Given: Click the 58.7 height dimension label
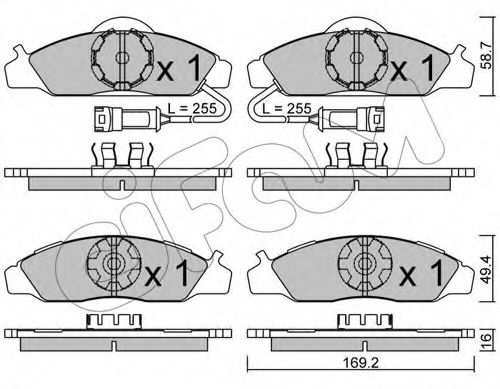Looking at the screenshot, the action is coord(486,55).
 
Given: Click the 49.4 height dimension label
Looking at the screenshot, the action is coord(486,269).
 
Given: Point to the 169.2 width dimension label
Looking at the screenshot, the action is coord(361,363).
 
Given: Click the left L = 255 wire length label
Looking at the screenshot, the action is coord(192,108).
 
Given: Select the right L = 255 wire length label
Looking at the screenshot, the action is coord(287,108).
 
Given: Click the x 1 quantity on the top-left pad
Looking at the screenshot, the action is coord(178,69).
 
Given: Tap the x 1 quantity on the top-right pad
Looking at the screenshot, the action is coord(412,69).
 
